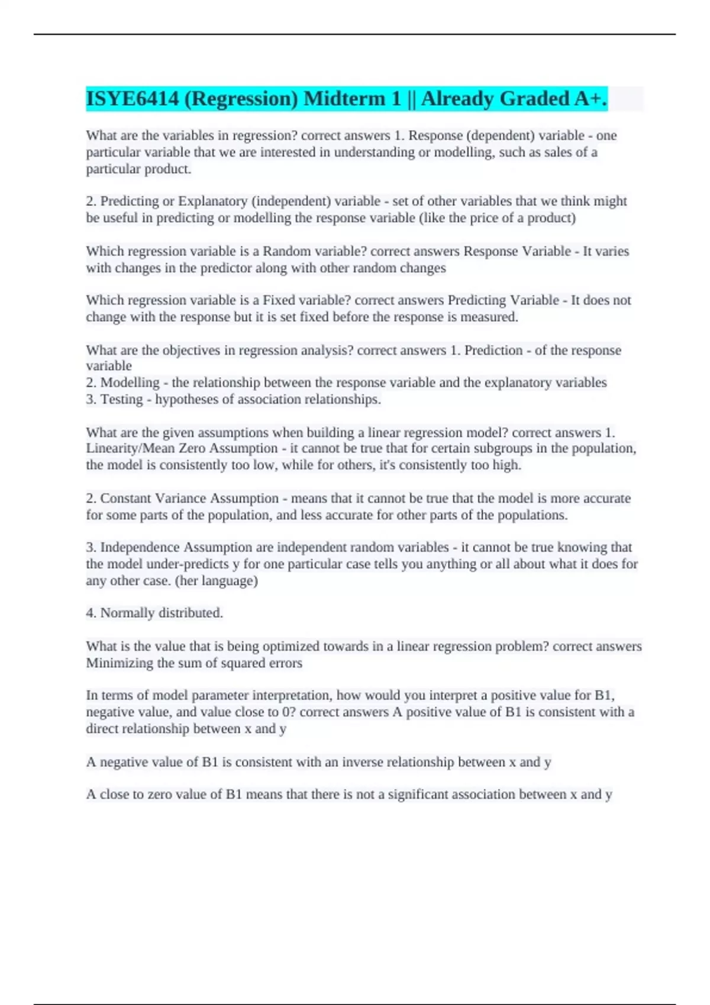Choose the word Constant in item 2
(x=125, y=498)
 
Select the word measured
(x=489, y=317)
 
